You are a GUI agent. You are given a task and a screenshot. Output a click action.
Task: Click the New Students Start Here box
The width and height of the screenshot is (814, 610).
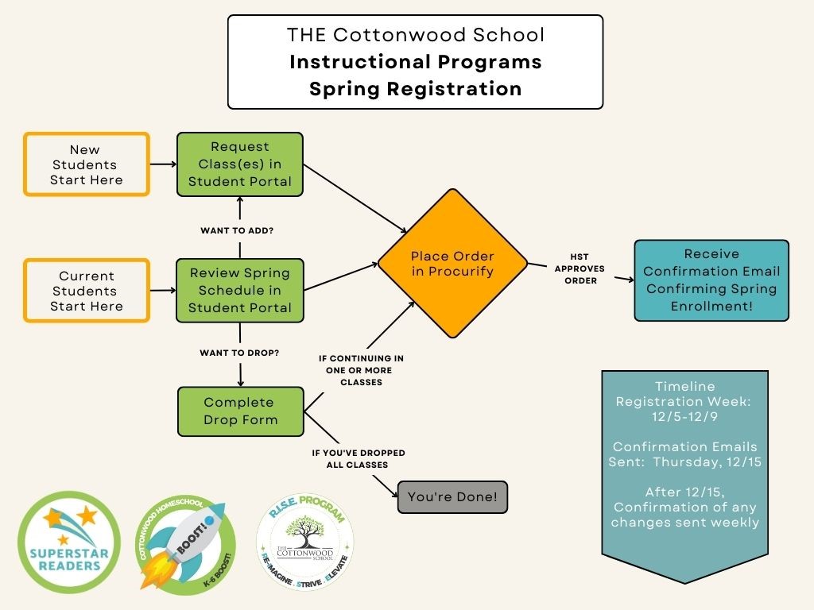click(87, 164)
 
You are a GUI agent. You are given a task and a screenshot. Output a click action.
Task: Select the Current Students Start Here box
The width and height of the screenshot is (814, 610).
click(87, 291)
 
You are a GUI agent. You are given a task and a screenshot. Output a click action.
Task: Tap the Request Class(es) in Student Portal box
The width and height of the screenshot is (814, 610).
click(239, 164)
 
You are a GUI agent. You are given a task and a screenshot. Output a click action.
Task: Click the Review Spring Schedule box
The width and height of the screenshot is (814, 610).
click(239, 290)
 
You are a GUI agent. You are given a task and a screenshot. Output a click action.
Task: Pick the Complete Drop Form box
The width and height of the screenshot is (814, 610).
click(240, 411)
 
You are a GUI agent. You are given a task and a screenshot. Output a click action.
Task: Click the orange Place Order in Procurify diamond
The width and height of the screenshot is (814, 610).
click(452, 264)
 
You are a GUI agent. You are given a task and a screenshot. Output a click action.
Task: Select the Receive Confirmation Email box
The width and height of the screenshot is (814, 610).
click(711, 280)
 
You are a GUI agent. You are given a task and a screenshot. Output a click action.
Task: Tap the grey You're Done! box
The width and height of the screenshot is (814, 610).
click(452, 497)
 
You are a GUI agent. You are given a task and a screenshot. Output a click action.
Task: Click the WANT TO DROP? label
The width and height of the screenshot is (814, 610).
click(239, 352)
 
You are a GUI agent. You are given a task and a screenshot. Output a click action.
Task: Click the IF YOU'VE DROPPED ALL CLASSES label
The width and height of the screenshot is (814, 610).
click(358, 458)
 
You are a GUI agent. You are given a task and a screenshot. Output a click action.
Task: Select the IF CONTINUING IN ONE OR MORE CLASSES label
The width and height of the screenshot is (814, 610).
click(361, 370)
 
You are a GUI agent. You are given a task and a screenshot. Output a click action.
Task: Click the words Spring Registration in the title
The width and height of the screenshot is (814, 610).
click(415, 88)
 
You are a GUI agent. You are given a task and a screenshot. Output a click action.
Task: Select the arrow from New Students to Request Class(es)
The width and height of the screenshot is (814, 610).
click(162, 164)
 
